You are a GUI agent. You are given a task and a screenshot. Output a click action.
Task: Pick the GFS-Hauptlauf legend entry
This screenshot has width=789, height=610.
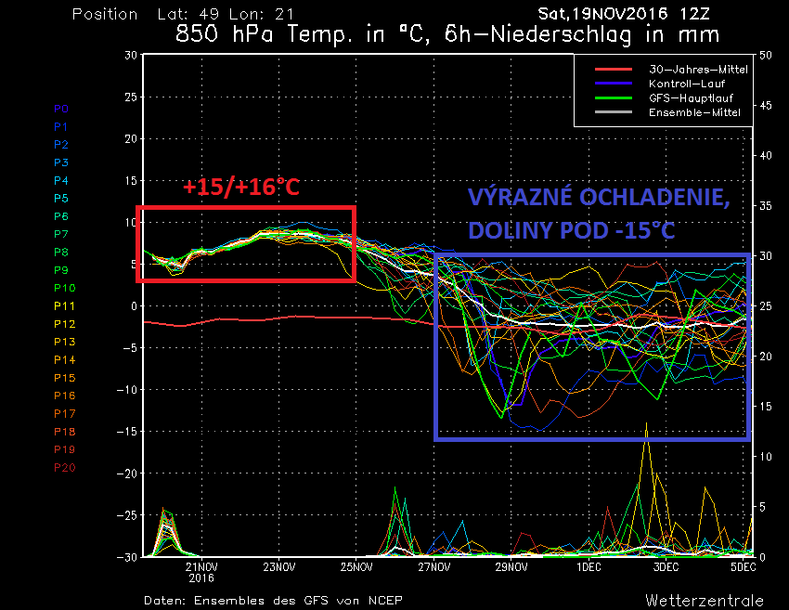pos(692,97)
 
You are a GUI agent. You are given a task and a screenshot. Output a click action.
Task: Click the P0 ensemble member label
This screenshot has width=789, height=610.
pos(60,109)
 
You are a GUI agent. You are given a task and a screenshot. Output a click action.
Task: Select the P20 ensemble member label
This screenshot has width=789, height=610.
pos(64,467)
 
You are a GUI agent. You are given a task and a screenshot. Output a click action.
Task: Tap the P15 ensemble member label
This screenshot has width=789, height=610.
pos(64,378)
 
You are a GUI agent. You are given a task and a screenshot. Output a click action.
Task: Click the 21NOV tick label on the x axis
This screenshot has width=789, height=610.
pos(201,566)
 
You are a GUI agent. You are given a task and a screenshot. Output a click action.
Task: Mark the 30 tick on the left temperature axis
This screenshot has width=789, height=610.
pos(131,56)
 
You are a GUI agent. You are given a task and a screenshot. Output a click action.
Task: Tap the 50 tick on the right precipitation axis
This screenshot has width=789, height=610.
pos(766,56)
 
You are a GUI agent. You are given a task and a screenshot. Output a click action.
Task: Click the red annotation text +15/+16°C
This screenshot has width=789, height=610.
pos(240,188)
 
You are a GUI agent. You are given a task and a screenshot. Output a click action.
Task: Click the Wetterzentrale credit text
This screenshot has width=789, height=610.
pos(705,600)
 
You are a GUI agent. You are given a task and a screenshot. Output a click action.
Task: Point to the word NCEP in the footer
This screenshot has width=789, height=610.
pos(383,600)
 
